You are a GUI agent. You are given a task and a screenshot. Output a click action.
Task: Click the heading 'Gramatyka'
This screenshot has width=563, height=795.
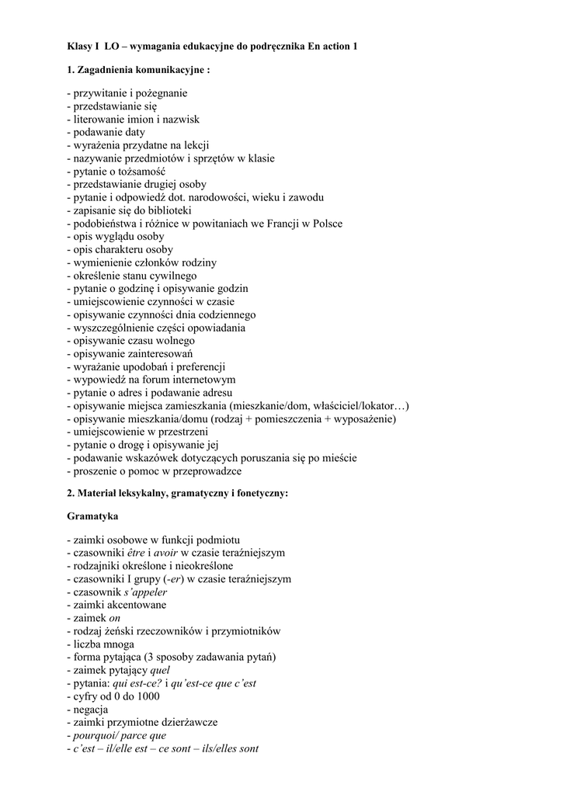coord(93,516)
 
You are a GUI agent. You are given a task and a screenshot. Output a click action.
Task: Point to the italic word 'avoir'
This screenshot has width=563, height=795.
coord(167,553)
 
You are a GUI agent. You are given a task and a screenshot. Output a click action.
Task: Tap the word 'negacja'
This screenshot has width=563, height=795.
coord(90,710)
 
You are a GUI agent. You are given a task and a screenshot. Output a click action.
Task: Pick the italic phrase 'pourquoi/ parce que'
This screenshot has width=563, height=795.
coord(119,735)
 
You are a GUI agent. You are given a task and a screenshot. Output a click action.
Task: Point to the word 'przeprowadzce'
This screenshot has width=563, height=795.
coord(210,471)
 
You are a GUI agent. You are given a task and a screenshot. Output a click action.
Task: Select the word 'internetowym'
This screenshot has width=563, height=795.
coord(206,380)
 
